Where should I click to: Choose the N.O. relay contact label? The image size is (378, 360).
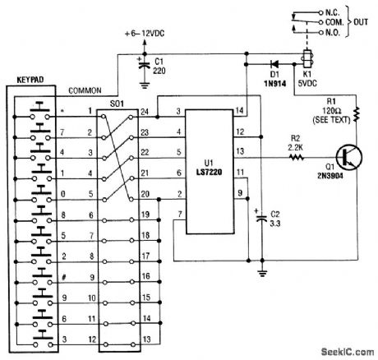(x=334, y=35)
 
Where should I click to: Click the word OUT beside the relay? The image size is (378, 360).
(x=366, y=25)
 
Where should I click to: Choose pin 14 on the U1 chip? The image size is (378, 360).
(x=241, y=110)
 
